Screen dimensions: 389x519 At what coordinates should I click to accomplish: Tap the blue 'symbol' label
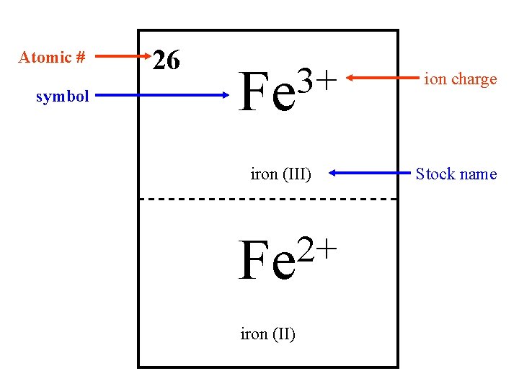[x=63, y=96]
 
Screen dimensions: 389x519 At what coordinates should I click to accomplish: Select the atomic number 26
[x=167, y=61]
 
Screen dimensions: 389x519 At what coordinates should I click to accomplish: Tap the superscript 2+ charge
[x=317, y=250]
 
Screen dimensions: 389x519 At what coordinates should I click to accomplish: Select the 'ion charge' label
[x=460, y=79]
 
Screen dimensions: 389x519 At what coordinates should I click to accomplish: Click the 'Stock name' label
[x=456, y=174]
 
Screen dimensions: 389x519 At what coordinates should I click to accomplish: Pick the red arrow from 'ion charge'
[x=382, y=79]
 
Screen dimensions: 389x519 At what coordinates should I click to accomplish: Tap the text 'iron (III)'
[x=280, y=174]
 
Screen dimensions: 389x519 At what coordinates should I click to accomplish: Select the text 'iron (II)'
[x=267, y=334]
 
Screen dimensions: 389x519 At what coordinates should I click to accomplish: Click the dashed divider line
[x=267, y=199]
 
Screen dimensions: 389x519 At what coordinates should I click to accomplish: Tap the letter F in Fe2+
[x=252, y=262]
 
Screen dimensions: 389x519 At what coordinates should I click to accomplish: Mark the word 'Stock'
[x=435, y=174]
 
